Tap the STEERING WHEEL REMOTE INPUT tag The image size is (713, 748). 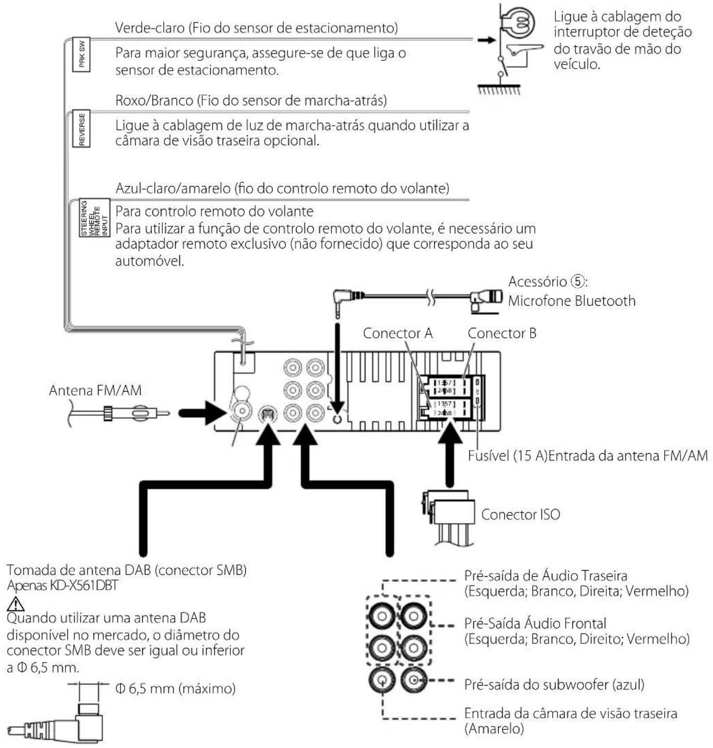tap(94, 218)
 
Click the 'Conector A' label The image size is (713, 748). tap(398, 334)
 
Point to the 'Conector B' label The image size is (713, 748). tap(502, 334)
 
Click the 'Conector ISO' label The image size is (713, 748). tap(520, 514)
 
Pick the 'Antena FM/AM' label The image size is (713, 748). tap(95, 391)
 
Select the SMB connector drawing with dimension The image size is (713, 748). tap(62, 722)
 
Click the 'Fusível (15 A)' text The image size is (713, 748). tap(507, 456)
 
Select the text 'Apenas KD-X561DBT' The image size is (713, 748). tap(63, 586)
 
